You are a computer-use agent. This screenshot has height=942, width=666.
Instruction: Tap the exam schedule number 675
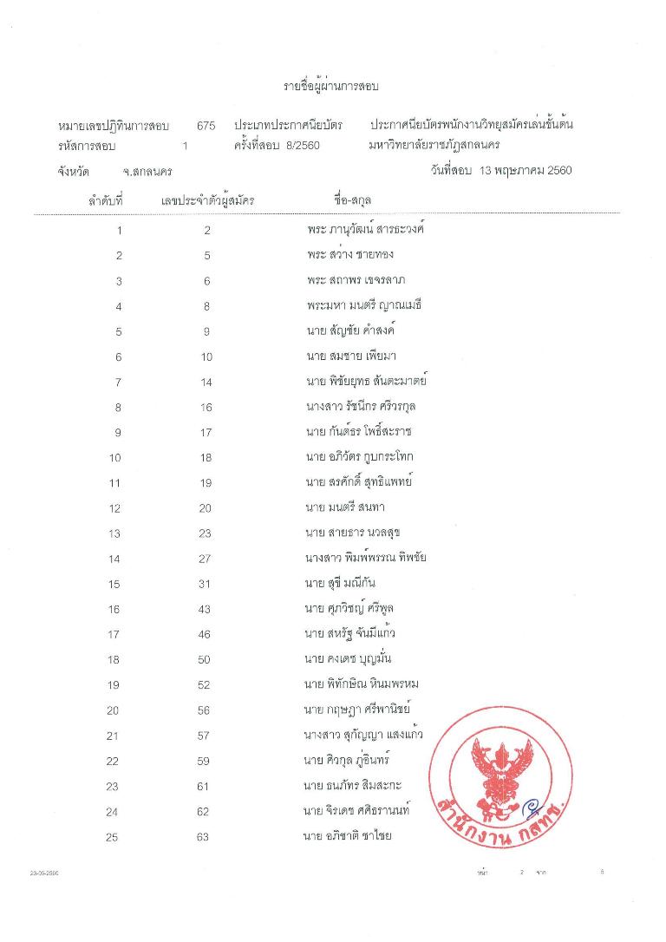206,126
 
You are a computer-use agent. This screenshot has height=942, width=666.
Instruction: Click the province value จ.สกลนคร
147,172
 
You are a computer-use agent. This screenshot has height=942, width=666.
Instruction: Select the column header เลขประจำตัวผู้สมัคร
207,201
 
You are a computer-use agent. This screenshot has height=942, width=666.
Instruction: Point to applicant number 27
206,559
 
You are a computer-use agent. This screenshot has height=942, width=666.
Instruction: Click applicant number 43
206,609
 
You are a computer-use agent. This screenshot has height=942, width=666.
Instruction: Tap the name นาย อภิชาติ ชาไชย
342,836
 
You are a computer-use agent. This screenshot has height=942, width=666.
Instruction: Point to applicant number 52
206,685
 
